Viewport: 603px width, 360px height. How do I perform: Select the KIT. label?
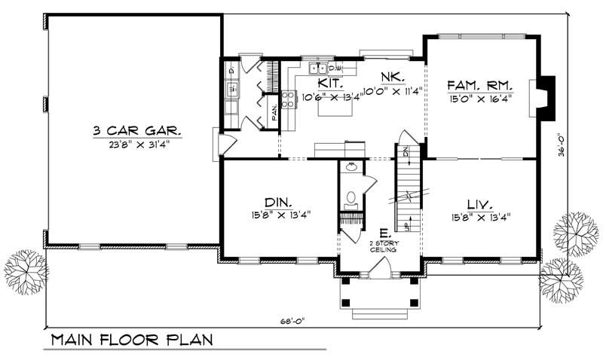tap(329, 83)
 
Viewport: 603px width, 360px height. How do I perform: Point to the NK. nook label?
tap(393, 78)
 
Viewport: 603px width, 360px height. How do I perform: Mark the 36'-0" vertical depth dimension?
tap(562, 143)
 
